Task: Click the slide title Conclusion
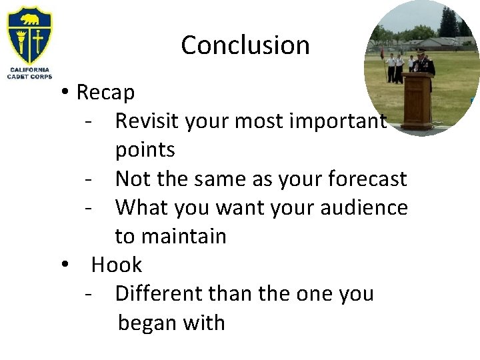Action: (245, 45)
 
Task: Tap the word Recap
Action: (105, 93)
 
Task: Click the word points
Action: (145, 150)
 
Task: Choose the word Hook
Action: (117, 265)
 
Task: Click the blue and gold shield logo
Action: (29, 35)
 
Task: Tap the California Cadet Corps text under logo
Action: (29, 73)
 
